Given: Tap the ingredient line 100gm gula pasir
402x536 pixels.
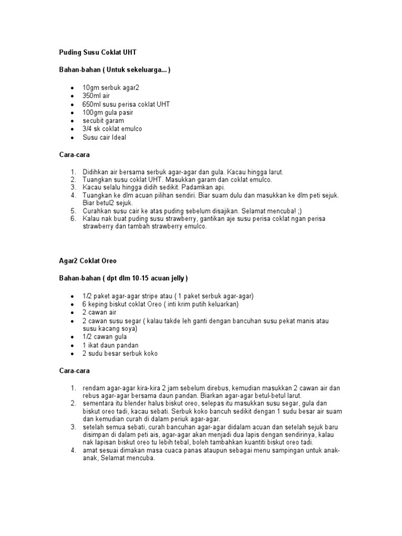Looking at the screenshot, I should point(108,113).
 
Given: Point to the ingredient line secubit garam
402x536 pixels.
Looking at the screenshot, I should point(103,120).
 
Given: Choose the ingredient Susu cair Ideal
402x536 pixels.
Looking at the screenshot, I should point(104,137).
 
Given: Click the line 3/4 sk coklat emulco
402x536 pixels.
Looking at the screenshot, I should point(112,129).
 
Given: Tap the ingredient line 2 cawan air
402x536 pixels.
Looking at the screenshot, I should point(99,312).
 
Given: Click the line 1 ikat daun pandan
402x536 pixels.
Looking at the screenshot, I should point(110,345).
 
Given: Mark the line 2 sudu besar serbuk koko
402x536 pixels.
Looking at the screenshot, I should point(120,354).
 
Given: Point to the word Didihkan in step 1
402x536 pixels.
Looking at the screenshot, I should point(96,172).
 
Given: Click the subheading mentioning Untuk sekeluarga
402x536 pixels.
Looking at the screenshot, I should point(114,70).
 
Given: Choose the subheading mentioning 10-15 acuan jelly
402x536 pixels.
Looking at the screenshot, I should point(123,278).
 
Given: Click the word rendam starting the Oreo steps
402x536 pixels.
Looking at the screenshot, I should point(94,388).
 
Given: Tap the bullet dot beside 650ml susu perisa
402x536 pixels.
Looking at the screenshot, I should point(71,104).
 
